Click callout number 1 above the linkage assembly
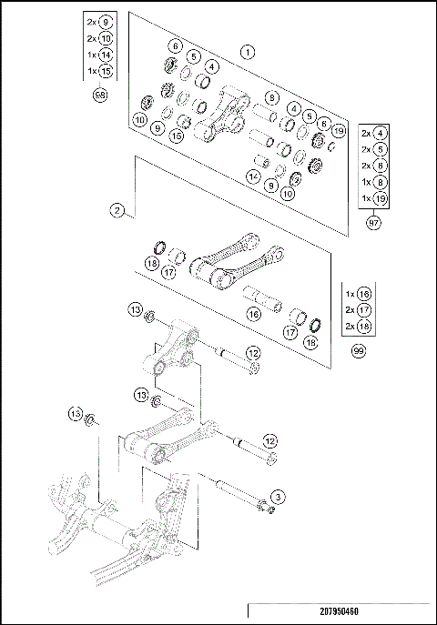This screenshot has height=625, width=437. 247,53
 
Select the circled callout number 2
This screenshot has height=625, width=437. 117,210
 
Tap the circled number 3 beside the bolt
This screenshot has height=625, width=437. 278,496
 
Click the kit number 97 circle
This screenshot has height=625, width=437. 373,222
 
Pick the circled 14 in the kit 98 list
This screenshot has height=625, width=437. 105,55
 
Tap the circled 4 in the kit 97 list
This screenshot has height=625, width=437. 381,133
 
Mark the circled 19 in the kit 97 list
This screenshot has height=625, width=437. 381,197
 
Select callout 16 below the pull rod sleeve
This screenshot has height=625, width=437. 254,313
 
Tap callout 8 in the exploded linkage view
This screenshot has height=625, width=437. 271,97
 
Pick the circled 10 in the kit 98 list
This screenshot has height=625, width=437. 105,39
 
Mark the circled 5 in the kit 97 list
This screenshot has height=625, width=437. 381,149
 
